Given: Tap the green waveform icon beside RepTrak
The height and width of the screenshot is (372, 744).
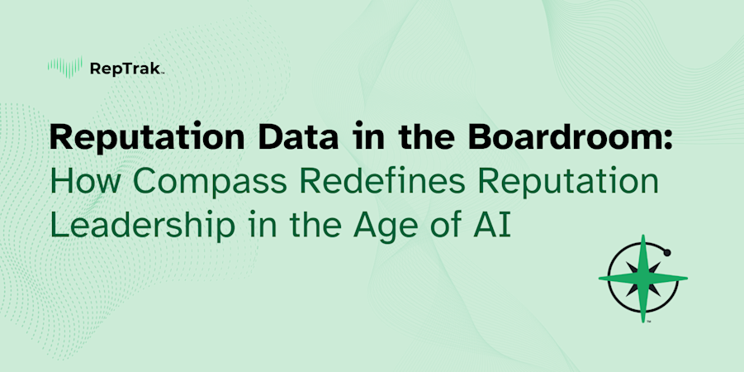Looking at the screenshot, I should click(66, 67).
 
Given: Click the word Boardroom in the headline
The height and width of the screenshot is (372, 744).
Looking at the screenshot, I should click(572, 137).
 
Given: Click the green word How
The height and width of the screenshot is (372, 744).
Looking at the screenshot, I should click(85, 183).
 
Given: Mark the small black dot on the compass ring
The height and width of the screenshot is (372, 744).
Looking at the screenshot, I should click(667, 252).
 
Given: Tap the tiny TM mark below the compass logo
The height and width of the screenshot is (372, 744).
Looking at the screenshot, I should click(649, 322).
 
